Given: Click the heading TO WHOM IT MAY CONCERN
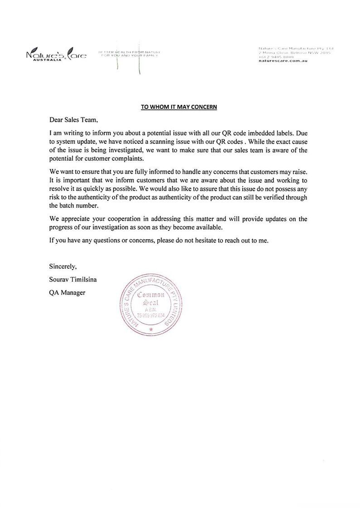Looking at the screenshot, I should coord(179,107).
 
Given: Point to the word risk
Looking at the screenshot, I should coord(54,197).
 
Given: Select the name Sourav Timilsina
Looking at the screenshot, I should coord(72,280).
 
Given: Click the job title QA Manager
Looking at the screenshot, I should coord(67,293).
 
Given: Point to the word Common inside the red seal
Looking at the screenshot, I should coord(150,295).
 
